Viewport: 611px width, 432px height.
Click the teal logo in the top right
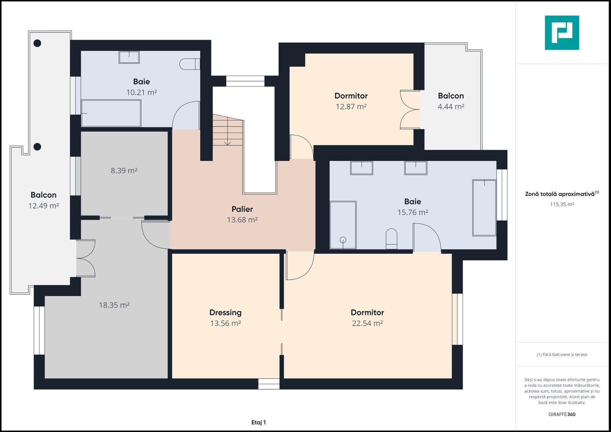click(562, 33)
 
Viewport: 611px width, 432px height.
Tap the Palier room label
click(242, 209)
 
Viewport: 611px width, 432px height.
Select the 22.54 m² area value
click(367, 323)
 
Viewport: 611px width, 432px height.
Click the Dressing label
click(225, 312)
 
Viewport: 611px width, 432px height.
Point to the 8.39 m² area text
click(124, 170)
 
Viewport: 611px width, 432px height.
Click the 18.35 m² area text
click(114, 305)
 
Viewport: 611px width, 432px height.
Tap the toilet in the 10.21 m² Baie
click(189, 64)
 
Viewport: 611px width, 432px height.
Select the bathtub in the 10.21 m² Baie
click(111, 113)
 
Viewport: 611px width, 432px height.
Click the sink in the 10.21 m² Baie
click(129, 57)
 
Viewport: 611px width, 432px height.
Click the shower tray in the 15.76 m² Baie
click(343, 225)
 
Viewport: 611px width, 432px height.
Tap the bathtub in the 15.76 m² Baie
click(484, 208)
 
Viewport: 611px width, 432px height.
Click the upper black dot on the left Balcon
click(37, 43)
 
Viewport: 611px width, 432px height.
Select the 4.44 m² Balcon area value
click(451, 106)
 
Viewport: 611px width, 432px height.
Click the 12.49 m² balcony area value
click(44, 206)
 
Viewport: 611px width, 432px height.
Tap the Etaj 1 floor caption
click(258, 422)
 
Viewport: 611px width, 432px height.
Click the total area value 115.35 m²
click(562, 204)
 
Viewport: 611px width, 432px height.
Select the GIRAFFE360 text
click(562, 414)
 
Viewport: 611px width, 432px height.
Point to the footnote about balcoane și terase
click(562, 354)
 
